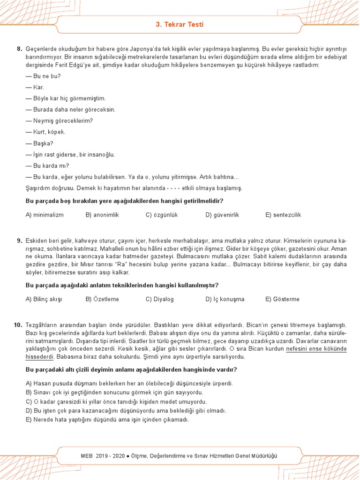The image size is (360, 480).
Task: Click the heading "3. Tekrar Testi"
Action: pos(180,24)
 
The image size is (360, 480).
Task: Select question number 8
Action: pos(19,49)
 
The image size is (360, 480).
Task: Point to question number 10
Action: pos(18,325)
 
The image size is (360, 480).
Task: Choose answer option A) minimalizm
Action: pos(45,215)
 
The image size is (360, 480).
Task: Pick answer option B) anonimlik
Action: pos(102,215)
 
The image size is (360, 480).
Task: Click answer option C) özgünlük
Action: pos(162,215)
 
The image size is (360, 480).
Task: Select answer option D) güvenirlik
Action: pos(222,215)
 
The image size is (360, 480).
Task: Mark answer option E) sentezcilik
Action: pos(283,215)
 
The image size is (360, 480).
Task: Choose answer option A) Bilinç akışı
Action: pos(45,299)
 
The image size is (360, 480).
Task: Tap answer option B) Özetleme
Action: pos(102,299)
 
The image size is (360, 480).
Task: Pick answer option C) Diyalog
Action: pos(160,299)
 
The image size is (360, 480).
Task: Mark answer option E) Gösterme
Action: pos(282,299)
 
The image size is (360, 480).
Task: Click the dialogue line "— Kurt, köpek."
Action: pos(45,132)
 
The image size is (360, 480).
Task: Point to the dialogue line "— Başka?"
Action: pos(39,143)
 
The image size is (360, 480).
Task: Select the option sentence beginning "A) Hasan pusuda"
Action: pos(129,383)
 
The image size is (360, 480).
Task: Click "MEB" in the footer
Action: pos(88,456)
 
